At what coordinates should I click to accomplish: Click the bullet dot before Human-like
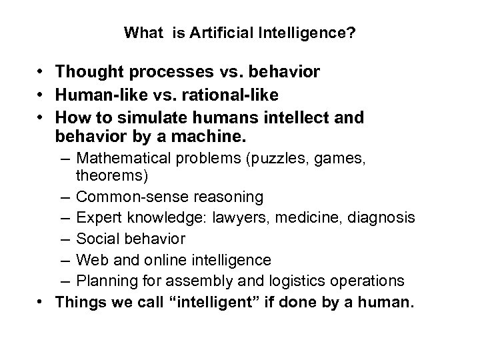41,95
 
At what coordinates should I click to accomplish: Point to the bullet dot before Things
41,301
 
